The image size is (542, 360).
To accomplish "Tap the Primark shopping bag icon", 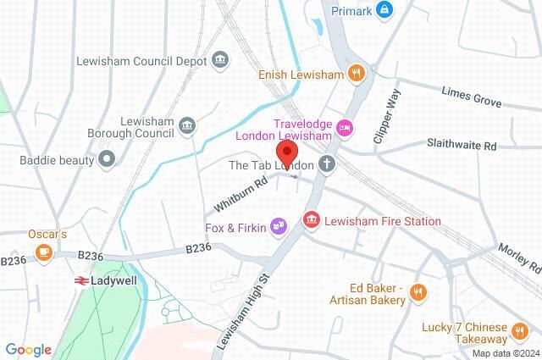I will (x=385, y=10).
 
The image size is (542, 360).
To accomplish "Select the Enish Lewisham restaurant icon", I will (x=357, y=75).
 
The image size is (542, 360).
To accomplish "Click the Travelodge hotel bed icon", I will (x=345, y=129).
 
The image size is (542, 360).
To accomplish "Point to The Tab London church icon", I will (x=326, y=164).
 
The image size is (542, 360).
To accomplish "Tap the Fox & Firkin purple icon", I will (x=278, y=226).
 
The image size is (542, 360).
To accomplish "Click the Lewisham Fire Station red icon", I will (x=311, y=220).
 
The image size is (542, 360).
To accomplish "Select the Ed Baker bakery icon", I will (x=417, y=293).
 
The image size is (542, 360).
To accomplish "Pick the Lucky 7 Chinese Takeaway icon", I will (x=520, y=329).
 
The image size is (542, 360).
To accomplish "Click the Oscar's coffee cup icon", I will (x=43, y=251).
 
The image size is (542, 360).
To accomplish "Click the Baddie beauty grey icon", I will (x=106, y=158).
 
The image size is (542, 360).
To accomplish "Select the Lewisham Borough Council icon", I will (x=188, y=128).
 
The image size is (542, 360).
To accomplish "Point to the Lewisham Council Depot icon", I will (x=220, y=60).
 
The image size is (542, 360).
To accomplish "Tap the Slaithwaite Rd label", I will (x=462, y=146).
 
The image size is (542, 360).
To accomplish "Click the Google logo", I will (x=28, y=349).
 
